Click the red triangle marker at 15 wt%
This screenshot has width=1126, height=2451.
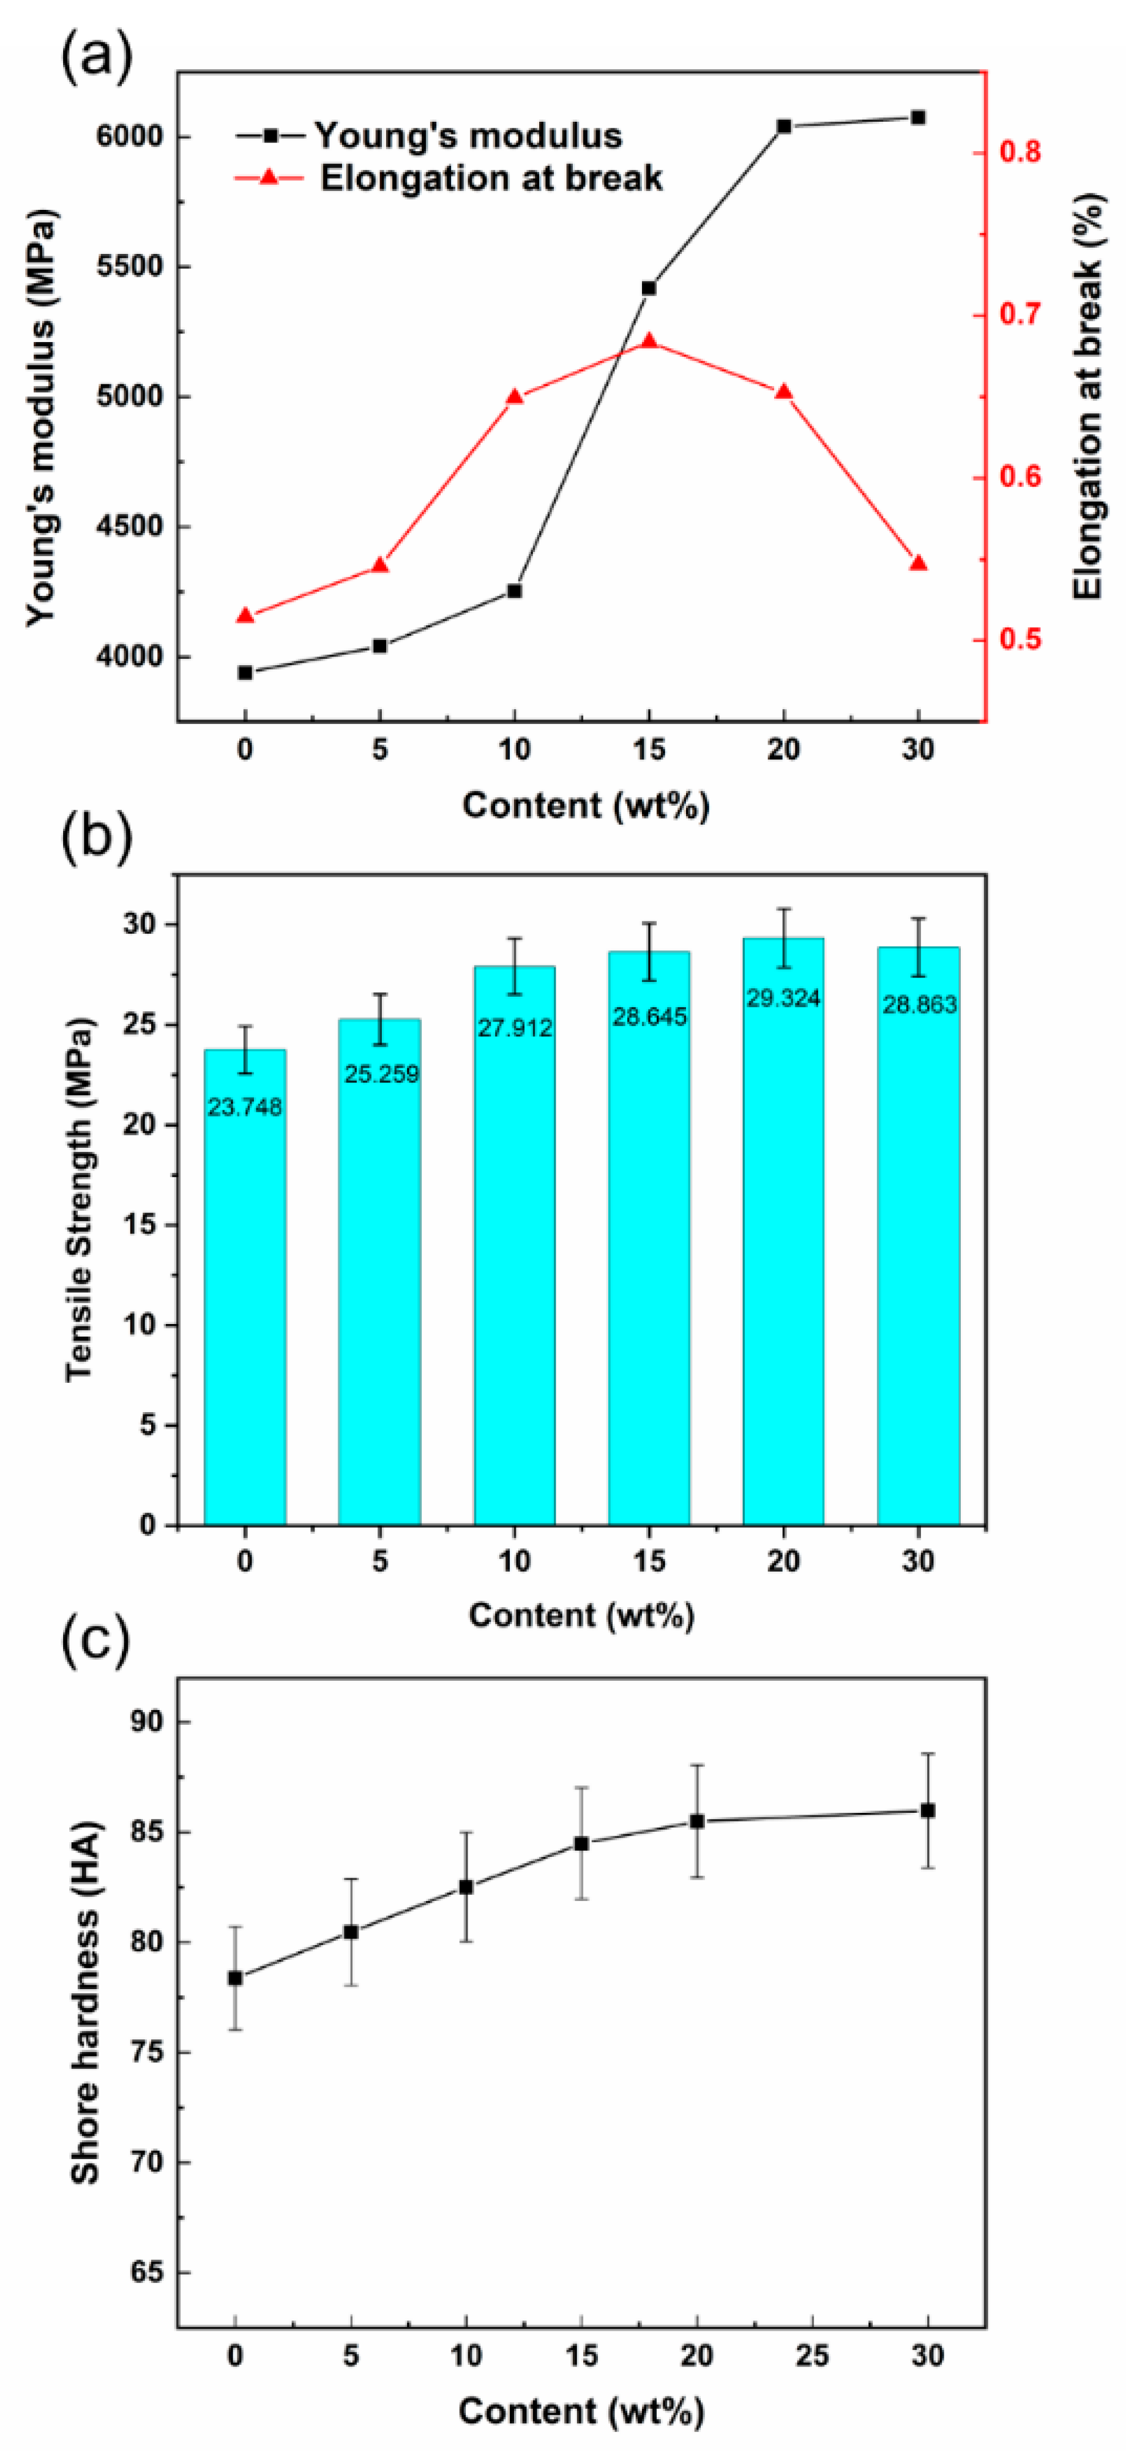click(x=649, y=341)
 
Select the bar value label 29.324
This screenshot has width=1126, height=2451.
click(x=783, y=998)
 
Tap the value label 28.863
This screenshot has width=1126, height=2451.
click(x=919, y=1004)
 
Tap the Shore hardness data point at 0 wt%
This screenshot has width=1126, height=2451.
click(x=235, y=1978)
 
